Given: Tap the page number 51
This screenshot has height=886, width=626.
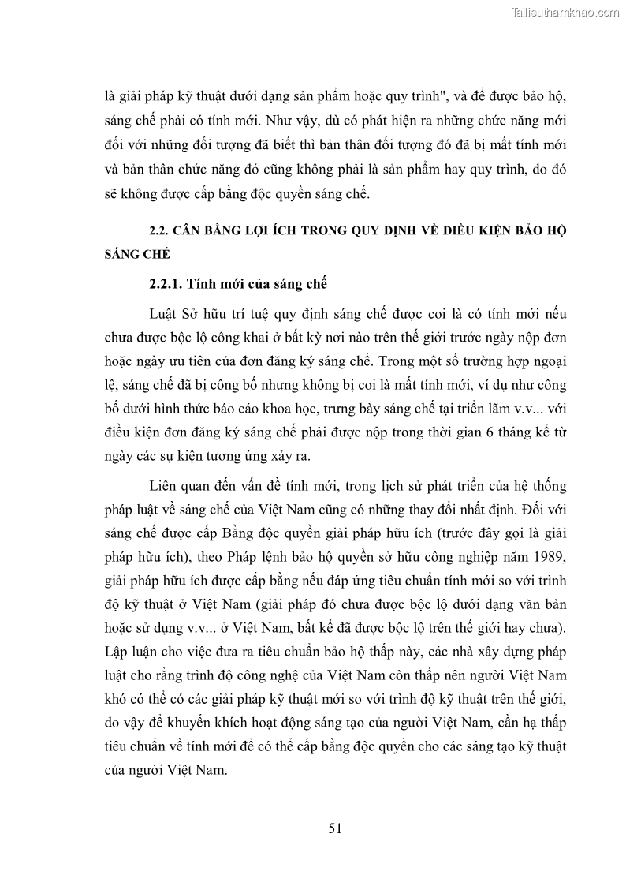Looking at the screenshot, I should pos(335,828).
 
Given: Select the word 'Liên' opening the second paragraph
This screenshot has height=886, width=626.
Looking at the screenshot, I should pos(163,486).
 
